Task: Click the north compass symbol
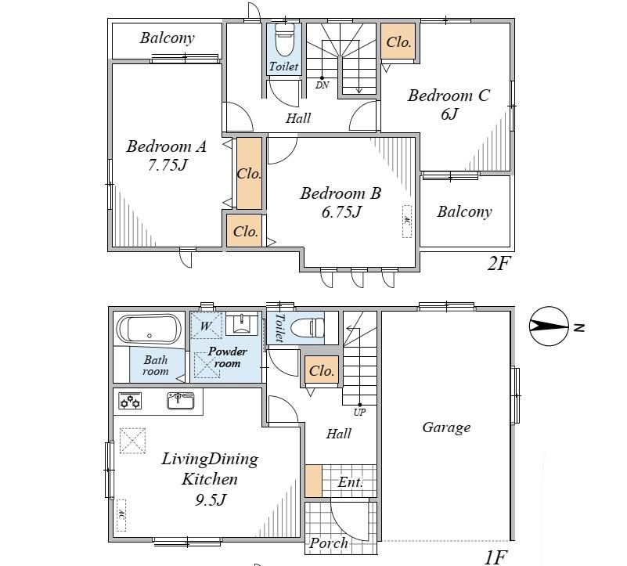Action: click(x=549, y=326)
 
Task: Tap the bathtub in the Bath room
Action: click(x=149, y=330)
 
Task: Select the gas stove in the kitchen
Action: click(x=131, y=401)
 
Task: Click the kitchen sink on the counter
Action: click(x=181, y=400)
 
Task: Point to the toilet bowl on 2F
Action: click(x=285, y=39)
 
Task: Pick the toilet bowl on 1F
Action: click(x=307, y=328)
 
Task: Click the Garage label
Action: click(x=446, y=427)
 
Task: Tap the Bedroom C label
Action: click(x=449, y=96)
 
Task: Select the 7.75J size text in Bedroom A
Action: click(x=168, y=164)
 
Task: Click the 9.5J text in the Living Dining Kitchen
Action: click(x=211, y=499)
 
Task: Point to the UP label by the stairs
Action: click(x=359, y=412)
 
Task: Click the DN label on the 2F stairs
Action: click(x=322, y=85)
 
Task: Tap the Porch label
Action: click(x=329, y=543)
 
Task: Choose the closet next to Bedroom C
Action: click(x=398, y=41)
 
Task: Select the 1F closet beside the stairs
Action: click(x=322, y=370)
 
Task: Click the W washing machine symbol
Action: click(x=206, y=325)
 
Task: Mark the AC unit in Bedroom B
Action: click(x=407, y=222)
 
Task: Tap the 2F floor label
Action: click(x=499, y=263)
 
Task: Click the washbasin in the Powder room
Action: click(x=242, y=323)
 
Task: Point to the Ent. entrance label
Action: click(x=350, y=482)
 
